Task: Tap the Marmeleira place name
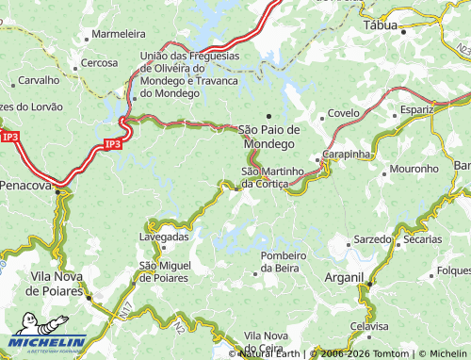click(x=118, y=34)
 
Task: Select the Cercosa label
click(x=99, y=63)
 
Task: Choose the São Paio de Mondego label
click(x=269, y=136)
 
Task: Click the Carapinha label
click(x=348, y=152)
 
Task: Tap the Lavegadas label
click(x=164, y=237)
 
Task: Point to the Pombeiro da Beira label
click(x=284, y=262)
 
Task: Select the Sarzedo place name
click(x=372, y=239)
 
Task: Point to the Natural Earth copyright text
click(x=269, y=353)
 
